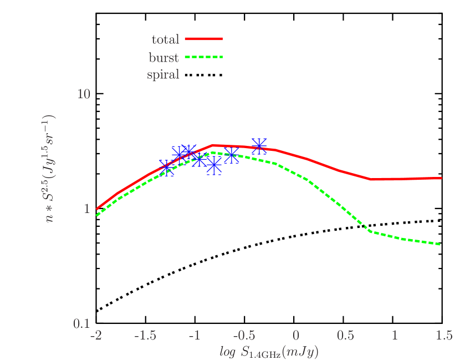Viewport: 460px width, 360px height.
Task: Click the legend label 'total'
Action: point(165,39)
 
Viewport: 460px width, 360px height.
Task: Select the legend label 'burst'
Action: point(163,57)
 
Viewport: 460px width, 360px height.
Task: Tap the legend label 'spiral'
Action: point(163,74)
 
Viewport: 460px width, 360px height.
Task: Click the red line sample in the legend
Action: point(203,39)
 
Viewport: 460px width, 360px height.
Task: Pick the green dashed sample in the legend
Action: point(203,57)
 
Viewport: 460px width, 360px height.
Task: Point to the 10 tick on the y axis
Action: point(84,93)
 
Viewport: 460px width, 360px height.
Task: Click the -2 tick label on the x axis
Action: point(96,336)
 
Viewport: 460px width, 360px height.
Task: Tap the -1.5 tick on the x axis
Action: point(146,336)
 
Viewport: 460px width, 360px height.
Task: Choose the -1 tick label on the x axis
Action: point(195,336)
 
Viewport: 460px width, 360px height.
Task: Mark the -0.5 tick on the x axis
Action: point(244,336)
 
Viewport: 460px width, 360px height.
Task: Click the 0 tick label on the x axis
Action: point(296,336)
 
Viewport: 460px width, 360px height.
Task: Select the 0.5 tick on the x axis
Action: point(345,336)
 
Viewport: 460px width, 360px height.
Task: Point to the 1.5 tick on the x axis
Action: point(443,336)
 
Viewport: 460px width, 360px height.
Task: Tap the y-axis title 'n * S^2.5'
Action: point(50,169)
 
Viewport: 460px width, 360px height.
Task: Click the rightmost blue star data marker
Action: point(259,146)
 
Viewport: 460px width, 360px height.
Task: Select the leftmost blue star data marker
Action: point(167,168)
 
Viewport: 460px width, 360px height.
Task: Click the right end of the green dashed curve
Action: point(441,244)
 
